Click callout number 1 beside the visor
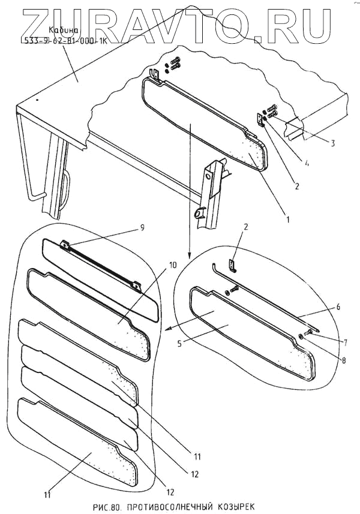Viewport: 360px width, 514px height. coord(288,220)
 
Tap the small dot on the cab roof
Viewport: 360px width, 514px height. coord(37,100)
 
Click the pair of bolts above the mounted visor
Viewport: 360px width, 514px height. coord(174,64)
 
